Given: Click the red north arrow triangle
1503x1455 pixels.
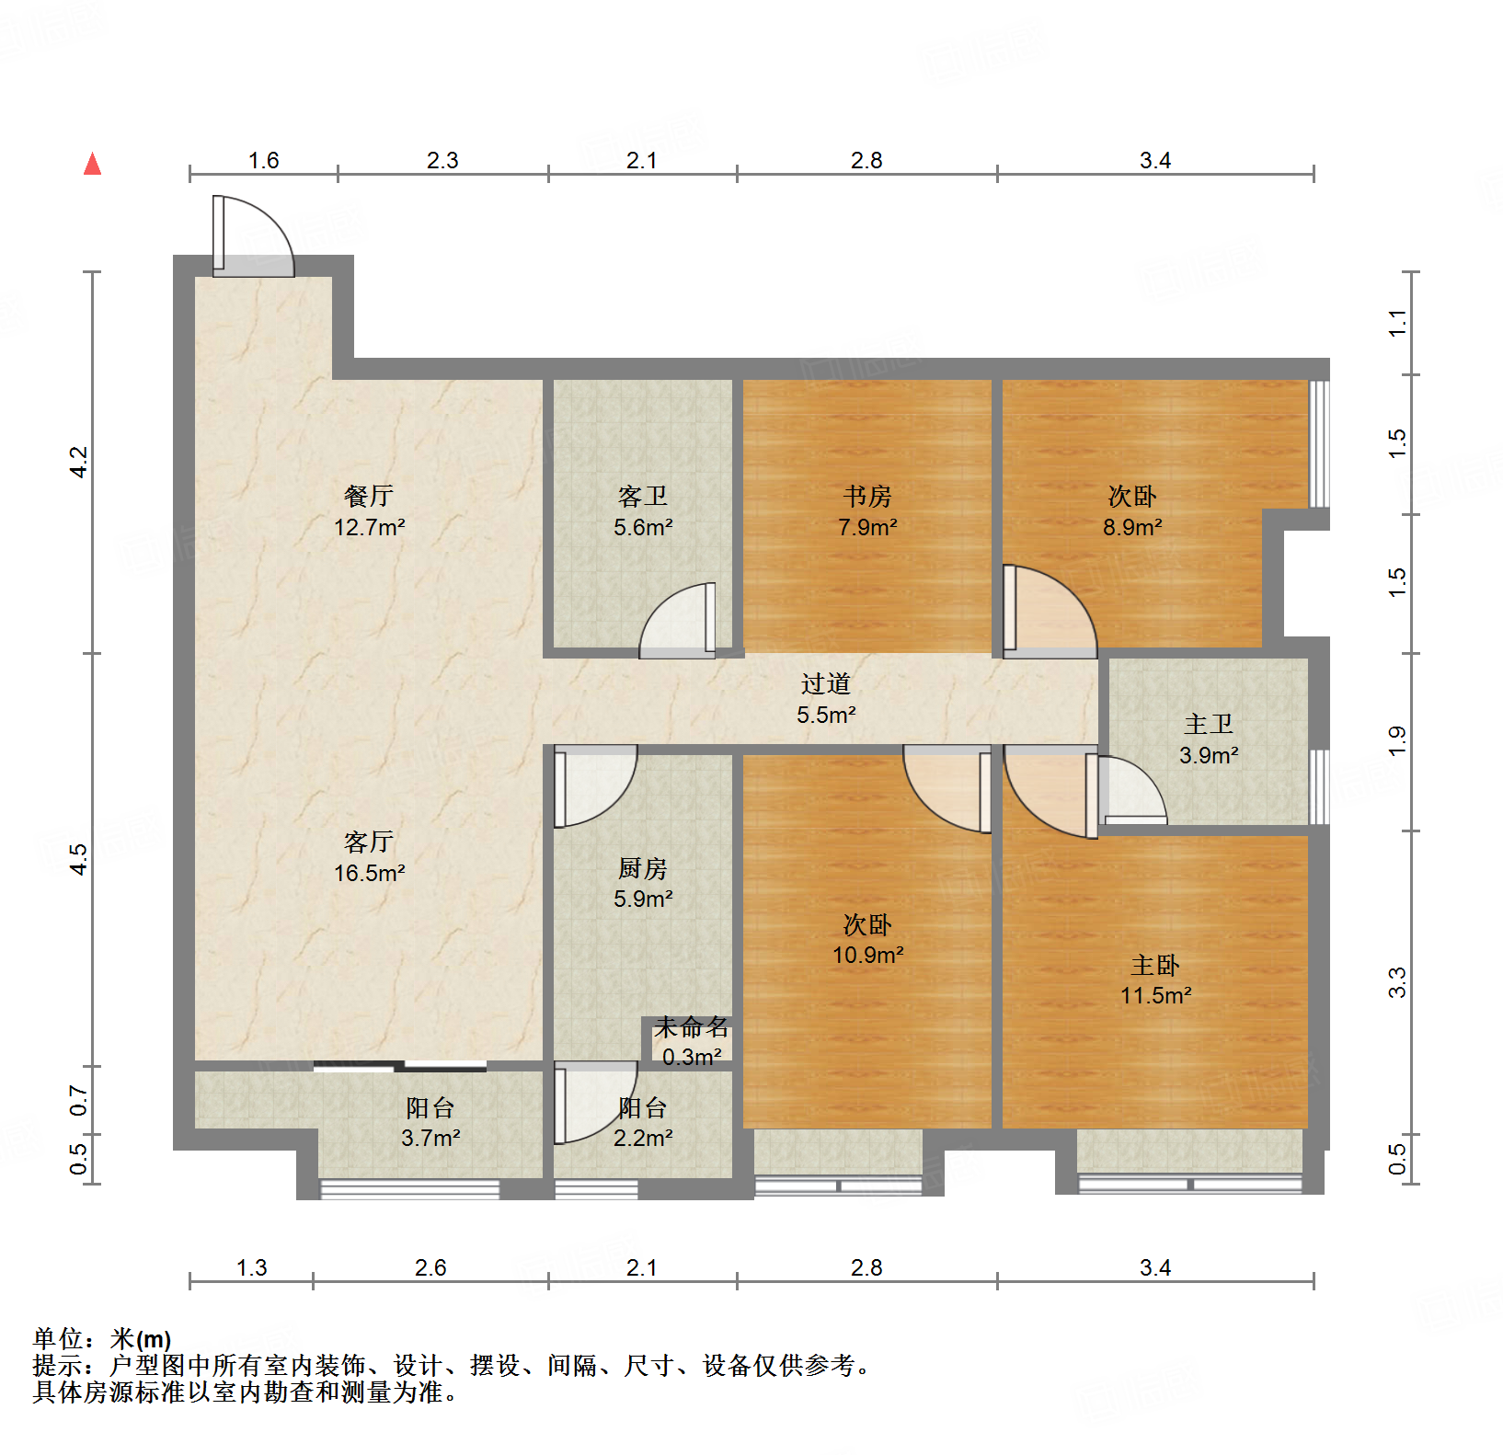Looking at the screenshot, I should pyautogui.click(x=92, y=165).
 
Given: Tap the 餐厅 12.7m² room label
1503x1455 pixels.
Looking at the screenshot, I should pyautogui.click(x=369, y=511).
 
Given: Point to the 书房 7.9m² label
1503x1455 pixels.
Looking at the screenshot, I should pyautogui.click(x=866, y=511).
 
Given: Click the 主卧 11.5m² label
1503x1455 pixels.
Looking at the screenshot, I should pyautogui.click(x=1155, y=980).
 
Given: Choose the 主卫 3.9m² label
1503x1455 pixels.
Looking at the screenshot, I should pyautogui.click(x=1208, y=739).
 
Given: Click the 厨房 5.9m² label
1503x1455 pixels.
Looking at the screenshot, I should pyautogui.click(x=643, y=883).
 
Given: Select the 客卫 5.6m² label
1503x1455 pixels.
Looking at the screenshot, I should pyautogui.click(x=643, y=511).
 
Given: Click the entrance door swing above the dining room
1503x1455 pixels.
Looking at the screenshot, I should pyautogui.click(x=252, y=237).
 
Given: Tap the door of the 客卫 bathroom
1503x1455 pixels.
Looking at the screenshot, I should pyautogui.click(x=679, y=622).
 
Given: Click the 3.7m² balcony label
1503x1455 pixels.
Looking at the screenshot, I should pyautogui.click(x=430, y=1123).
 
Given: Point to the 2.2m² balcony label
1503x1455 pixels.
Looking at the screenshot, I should pyautogui.click(x=643, y=1123).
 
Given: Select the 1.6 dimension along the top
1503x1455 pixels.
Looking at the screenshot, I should pyautogui.click(x=263, y=161).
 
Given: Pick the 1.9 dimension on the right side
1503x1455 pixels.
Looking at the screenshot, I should pyautogui.click(x=1397, y=740).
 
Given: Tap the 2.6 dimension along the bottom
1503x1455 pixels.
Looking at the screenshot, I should pyautogui.click(x=430, y=1268).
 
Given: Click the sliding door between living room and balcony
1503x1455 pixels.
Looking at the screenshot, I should pyautogui.click(x=400, y=1067).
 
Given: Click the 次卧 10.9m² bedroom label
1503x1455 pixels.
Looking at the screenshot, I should pyautogui.click(x=867, y=939).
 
